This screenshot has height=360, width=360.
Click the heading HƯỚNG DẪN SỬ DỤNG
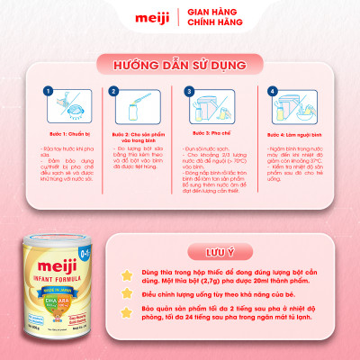(179, 66)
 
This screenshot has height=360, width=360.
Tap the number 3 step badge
(188, 91)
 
